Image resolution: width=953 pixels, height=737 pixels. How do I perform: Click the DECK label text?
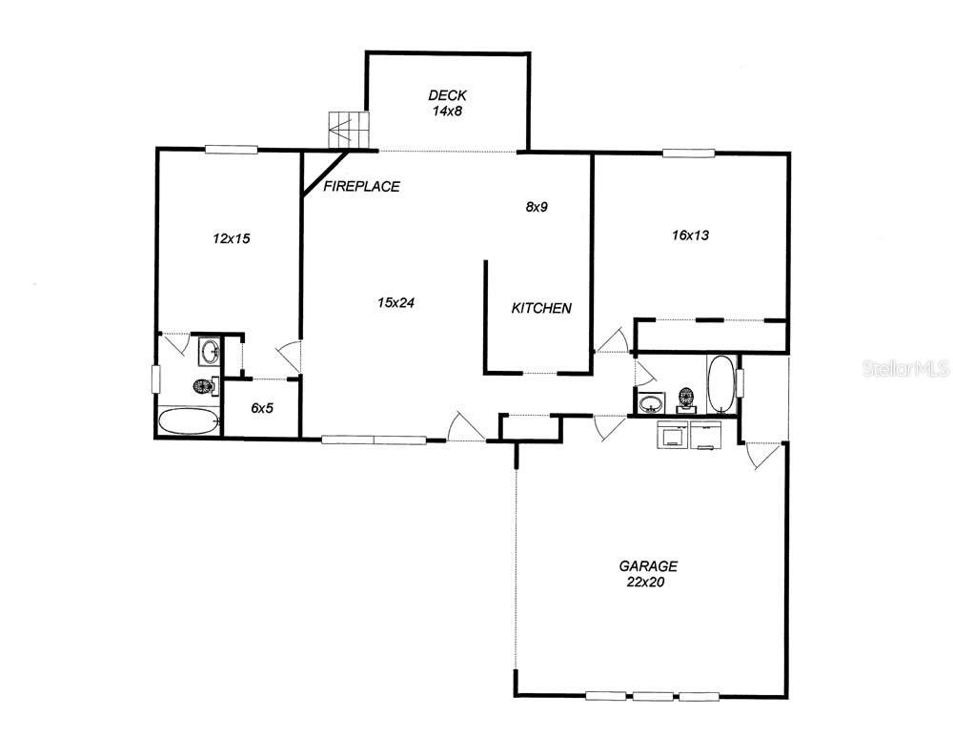(x=447, y=94)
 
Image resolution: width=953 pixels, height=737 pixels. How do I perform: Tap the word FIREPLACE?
(x=361, y=187)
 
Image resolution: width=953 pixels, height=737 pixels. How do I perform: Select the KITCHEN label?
(x=541, y=308)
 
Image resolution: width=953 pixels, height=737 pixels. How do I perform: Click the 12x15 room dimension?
(x=231, y=238)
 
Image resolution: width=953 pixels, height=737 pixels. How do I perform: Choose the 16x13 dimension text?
(x=689, y=235)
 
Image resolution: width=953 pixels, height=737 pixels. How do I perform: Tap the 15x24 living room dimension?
(x=395, y=302)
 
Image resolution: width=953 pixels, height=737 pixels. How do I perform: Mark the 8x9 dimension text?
(x=537, y=206)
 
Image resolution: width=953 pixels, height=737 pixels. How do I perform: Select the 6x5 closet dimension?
(x=262, y=407)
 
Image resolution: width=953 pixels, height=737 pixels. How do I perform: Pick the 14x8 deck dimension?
(x=447, y=111)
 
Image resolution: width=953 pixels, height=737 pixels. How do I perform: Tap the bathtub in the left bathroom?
(x=188, y=421)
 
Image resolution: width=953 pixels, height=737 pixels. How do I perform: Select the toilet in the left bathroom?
(x=201, y=387)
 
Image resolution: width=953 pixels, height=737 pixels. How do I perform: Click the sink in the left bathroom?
(x=210, y=353)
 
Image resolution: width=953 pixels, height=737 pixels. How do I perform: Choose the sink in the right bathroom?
(x=651, y=403)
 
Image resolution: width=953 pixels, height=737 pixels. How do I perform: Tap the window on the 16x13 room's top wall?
(x=689, y=153)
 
